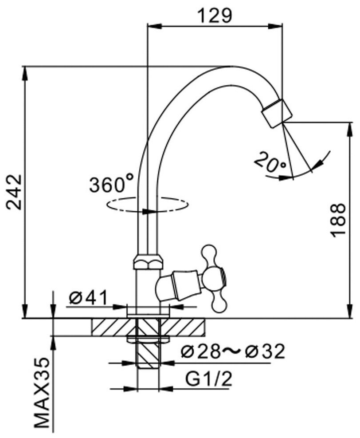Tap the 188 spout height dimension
point(339,221)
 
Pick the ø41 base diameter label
point(88,298)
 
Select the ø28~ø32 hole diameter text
point(233,351)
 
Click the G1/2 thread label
point(209,379)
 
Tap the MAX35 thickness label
point(42,396)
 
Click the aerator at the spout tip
point(277,113)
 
